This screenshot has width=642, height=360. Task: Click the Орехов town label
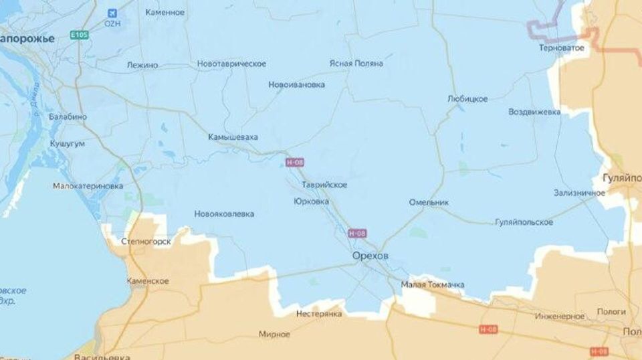click(x=370, y=256)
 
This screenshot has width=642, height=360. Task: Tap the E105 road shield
click(x=79, y=34)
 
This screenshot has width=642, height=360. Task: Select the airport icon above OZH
click(x=112, y=13)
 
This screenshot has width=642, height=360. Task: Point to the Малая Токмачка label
click(x=433, y=285)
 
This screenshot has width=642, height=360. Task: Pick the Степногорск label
click(x=146, y=241)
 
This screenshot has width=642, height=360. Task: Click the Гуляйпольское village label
click(x=524, y=222)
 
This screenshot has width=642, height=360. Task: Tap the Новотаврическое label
click(x=231, y=64)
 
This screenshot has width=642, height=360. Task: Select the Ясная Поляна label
click(x=356, y=64)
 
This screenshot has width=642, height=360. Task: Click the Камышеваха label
click(x=233, y=137)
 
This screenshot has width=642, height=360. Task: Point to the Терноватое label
click(x=562, y=48)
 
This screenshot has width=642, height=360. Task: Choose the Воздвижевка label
click(x=534, y=112)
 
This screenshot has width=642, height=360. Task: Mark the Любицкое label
click(x=467, y=99)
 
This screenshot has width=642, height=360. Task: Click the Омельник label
click(x=429, y=202)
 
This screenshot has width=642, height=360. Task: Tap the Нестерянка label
click(x=319, y=313)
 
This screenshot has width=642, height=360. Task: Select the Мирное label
click(x=274, y=334)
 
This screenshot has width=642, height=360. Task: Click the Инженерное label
click(x=560, y=316)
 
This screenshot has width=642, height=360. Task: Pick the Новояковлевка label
click(x=224, y=214)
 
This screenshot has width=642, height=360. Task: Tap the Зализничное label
click(x=579, y=193)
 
